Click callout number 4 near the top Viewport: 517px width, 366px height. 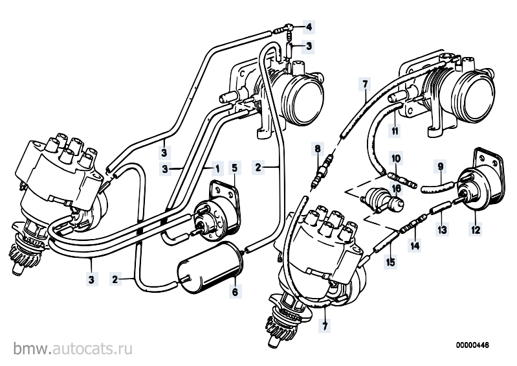tap(309, 27)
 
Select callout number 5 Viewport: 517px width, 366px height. tap(234, 168)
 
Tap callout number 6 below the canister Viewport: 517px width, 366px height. tap(235, 292)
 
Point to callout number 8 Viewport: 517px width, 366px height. tap(317, 148)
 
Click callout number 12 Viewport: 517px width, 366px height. tap(476, 229)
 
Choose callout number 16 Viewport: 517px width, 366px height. tap(396, 189)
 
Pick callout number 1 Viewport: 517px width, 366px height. tap(217, 168)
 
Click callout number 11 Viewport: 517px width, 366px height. tap(395, 131)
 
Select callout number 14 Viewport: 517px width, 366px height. tap(415, 246)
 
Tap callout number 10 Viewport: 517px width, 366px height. tap(396, 159)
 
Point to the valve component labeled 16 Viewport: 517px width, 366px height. tap(382, 200)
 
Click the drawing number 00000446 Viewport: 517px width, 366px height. tap(472, 345)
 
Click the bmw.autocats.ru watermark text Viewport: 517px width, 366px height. tap(73, 348)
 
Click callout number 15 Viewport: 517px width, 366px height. tap(391, 262)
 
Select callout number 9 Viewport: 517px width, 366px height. tap(441, 166)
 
